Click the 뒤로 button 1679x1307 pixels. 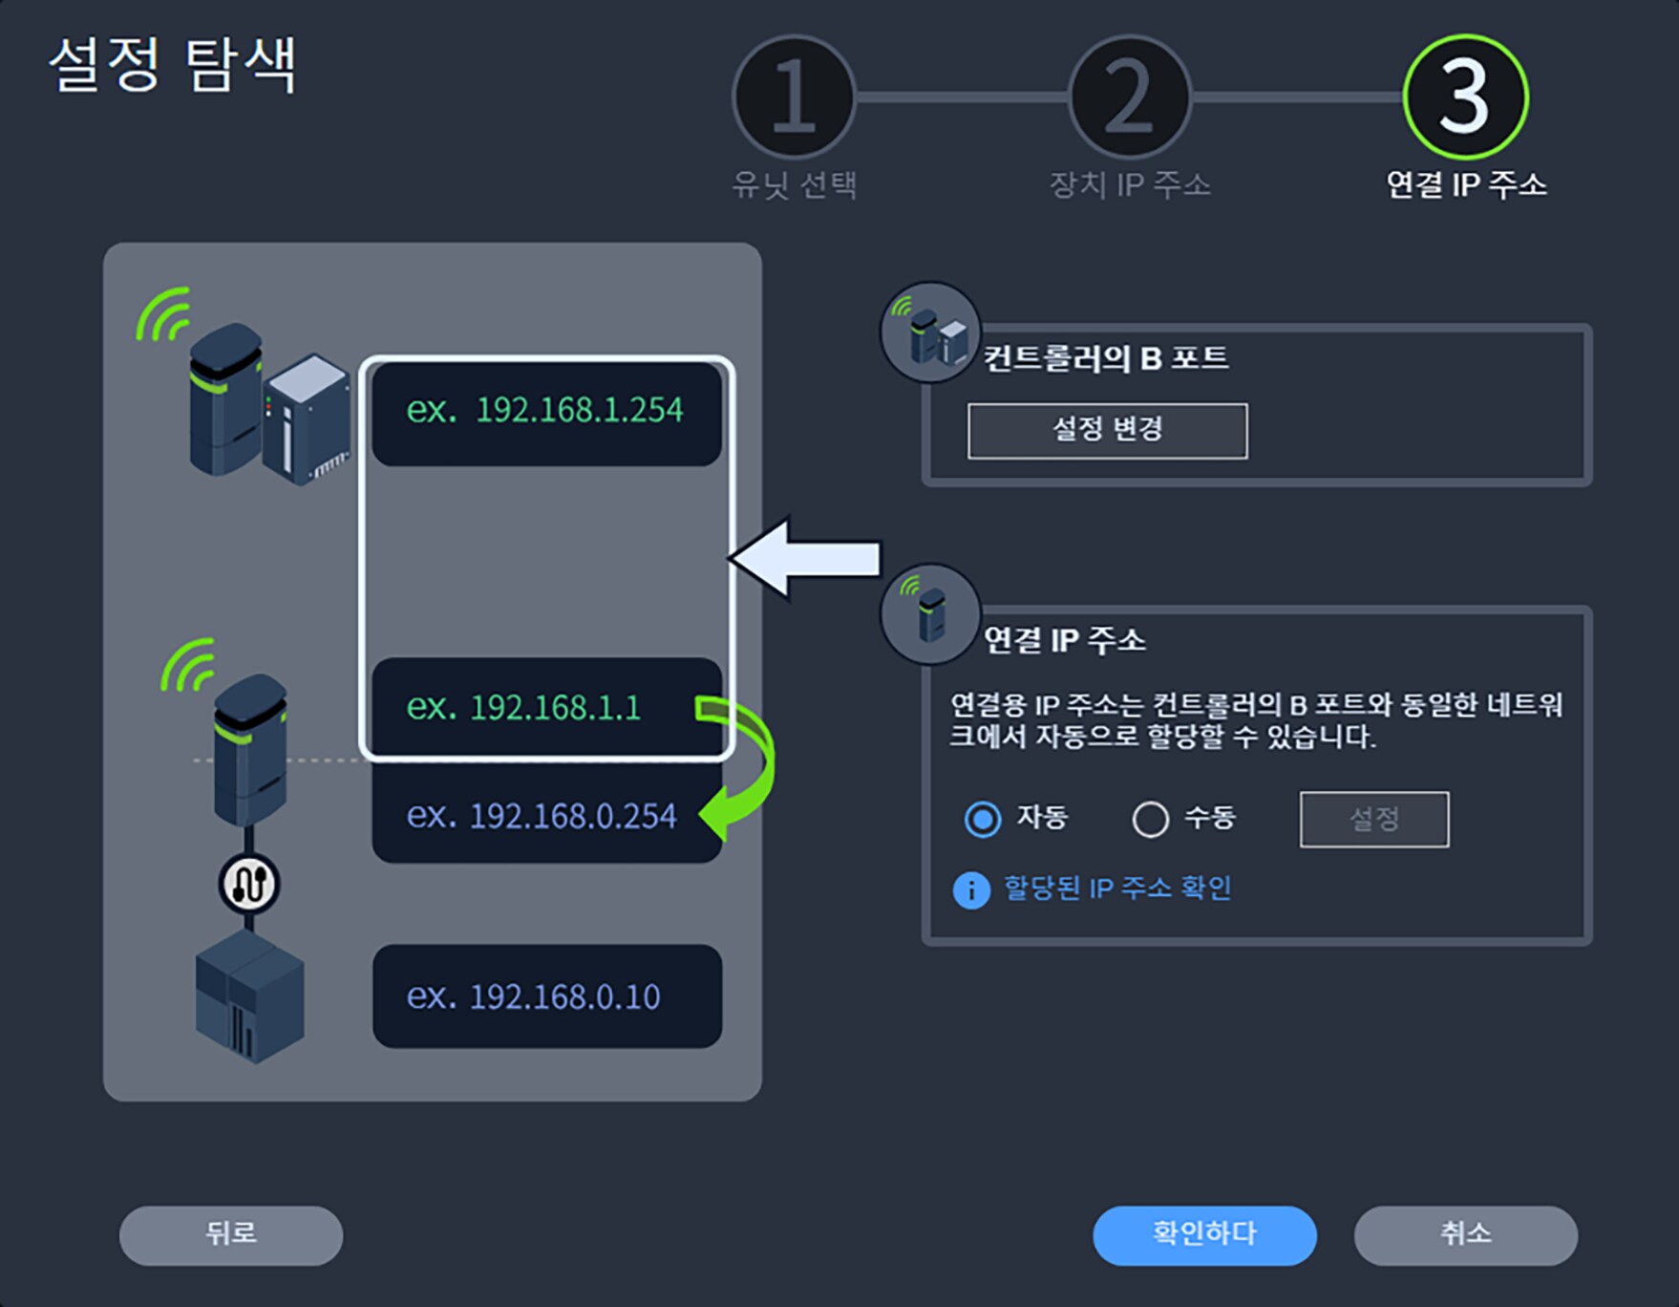point(230,1234)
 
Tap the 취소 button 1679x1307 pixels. point(1465,1234)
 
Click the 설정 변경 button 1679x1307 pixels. point(1107,430)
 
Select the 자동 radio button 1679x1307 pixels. point(983,819)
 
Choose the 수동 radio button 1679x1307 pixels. point(1150,819)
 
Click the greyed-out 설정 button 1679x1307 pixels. point(1373,819)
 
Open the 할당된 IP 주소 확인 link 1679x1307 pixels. point(1116,889)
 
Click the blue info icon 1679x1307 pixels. point(971,890)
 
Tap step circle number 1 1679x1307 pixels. point(794,96)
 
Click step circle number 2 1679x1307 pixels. point(1130,96)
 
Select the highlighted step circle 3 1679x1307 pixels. point(1465,96)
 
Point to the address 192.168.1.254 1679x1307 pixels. point(579,411)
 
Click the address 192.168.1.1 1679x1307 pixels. point(555,708)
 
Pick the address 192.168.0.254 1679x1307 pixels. point(572,817)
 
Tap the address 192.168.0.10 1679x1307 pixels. point(564,997)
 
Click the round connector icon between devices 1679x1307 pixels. point(249,884)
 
